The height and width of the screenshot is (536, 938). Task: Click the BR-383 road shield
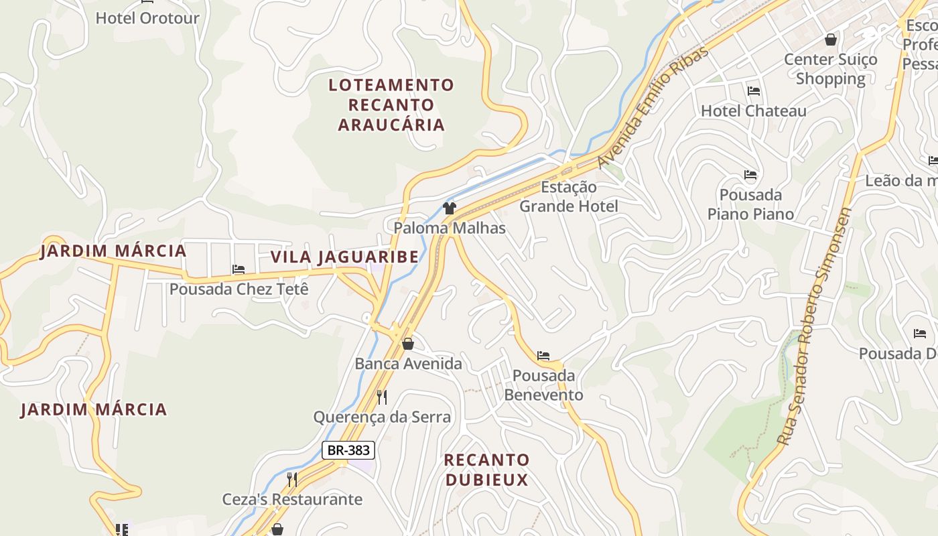coord(348,450)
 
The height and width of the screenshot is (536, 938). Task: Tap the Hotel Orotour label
coord(147,18)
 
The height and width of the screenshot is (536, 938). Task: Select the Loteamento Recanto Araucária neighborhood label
coord(391,105)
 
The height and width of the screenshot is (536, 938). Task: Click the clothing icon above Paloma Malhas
coord(449,208)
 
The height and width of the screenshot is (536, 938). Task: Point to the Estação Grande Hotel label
coord(569,196)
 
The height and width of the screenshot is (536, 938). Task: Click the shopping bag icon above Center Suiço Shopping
coord(831,40)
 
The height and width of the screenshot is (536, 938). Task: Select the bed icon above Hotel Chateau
coord(754,91)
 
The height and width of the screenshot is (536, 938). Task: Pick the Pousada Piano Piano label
coord(750,204)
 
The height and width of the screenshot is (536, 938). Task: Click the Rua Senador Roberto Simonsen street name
coord(815,326)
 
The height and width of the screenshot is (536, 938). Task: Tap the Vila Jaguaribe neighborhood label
coord(344,257)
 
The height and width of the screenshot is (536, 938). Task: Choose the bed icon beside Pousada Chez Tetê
coord(239,269)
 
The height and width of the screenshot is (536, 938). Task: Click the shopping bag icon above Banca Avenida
coord(408,344)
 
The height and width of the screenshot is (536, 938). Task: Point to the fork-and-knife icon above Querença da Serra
coord(382,397)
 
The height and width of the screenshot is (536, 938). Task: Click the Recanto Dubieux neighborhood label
coord(486,470)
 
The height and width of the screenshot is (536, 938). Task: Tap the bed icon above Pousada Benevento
coord(543,356)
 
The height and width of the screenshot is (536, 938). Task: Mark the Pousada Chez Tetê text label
coord(239,289)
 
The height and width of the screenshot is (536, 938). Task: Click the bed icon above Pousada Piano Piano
coord(750,176)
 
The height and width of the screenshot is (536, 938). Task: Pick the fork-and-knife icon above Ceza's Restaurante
coord(292,479)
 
